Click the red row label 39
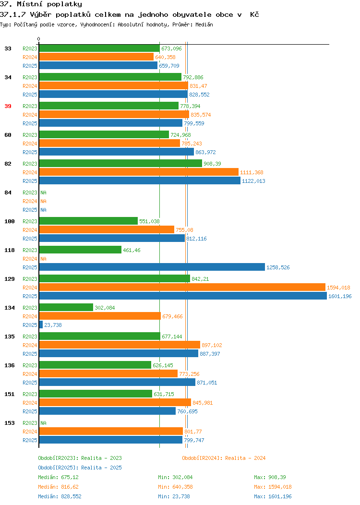[x=8, y=106]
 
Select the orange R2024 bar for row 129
[x=182, y=287]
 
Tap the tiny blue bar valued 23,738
[x=41, y=325]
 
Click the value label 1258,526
[x=278, y=267]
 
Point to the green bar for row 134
[x=66, y=307]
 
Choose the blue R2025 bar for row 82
[x=140, y=180]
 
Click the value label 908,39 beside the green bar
[x=212, y=164]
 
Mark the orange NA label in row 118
[x=44, y=259]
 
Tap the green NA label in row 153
[x=44, y=423]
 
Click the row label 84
[x=8, y=192]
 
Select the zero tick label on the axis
[x=39, y=39]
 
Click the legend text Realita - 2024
[x=245, y=458]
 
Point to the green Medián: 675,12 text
[x=58, y=477]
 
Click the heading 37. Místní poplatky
[x=41, y=4]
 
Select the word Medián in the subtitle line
[x=204, y=24]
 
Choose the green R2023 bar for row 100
[x=88, y=221]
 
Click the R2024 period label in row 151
[x=30, y=403]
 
